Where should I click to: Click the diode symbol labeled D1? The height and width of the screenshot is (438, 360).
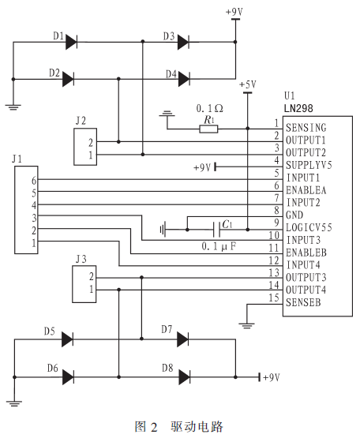71,42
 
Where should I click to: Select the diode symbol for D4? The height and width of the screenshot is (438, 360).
184,79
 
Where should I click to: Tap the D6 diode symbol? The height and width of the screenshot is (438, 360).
68,377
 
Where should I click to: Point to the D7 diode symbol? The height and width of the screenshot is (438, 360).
182,339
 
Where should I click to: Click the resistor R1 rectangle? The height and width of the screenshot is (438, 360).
208,129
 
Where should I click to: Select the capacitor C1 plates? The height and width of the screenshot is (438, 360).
216,230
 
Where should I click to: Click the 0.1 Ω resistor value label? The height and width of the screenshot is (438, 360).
210,108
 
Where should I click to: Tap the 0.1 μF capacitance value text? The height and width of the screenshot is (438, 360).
219,246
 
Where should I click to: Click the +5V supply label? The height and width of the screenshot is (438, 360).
248,84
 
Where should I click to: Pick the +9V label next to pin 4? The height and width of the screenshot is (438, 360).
202,167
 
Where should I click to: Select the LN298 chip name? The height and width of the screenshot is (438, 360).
298,108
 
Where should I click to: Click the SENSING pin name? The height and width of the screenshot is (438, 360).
306,128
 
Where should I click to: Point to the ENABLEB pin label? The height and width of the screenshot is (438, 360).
306,253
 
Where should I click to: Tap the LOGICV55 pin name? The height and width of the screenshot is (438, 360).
309,227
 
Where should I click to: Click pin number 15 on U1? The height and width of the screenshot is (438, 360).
274,298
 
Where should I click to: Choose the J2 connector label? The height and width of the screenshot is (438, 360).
81,121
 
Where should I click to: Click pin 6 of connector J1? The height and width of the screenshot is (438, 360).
34,181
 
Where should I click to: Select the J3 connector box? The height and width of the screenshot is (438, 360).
84,284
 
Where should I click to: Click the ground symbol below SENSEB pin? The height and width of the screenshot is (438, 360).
246,325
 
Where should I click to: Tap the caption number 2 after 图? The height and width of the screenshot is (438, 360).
154,427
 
